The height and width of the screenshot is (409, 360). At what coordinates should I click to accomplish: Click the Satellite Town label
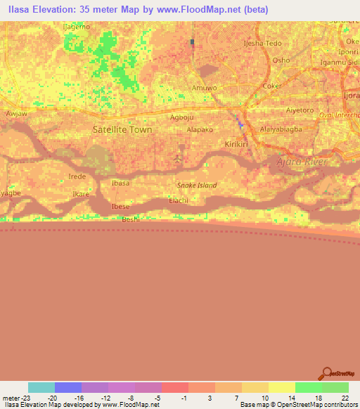tap(122, 129)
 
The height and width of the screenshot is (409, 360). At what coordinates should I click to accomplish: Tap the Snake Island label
tap(196, 186)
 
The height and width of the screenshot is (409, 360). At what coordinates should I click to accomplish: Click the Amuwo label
tap(203, 88)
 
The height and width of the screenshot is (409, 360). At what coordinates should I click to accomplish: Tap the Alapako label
tap(200, 130)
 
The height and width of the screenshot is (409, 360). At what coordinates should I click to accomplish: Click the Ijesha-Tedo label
tap(262, 44)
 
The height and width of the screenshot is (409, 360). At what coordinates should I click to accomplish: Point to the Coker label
tap(271, 86)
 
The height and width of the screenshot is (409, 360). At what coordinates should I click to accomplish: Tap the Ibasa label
tap(121, 183)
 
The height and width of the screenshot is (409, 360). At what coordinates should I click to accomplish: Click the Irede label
tap(77, 176)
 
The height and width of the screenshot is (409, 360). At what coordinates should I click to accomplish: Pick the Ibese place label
tap(121, 207)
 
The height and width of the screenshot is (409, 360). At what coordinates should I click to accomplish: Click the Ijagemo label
tap(77, 27)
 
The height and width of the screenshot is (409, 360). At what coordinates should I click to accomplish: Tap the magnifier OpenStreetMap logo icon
tap(326, 373)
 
